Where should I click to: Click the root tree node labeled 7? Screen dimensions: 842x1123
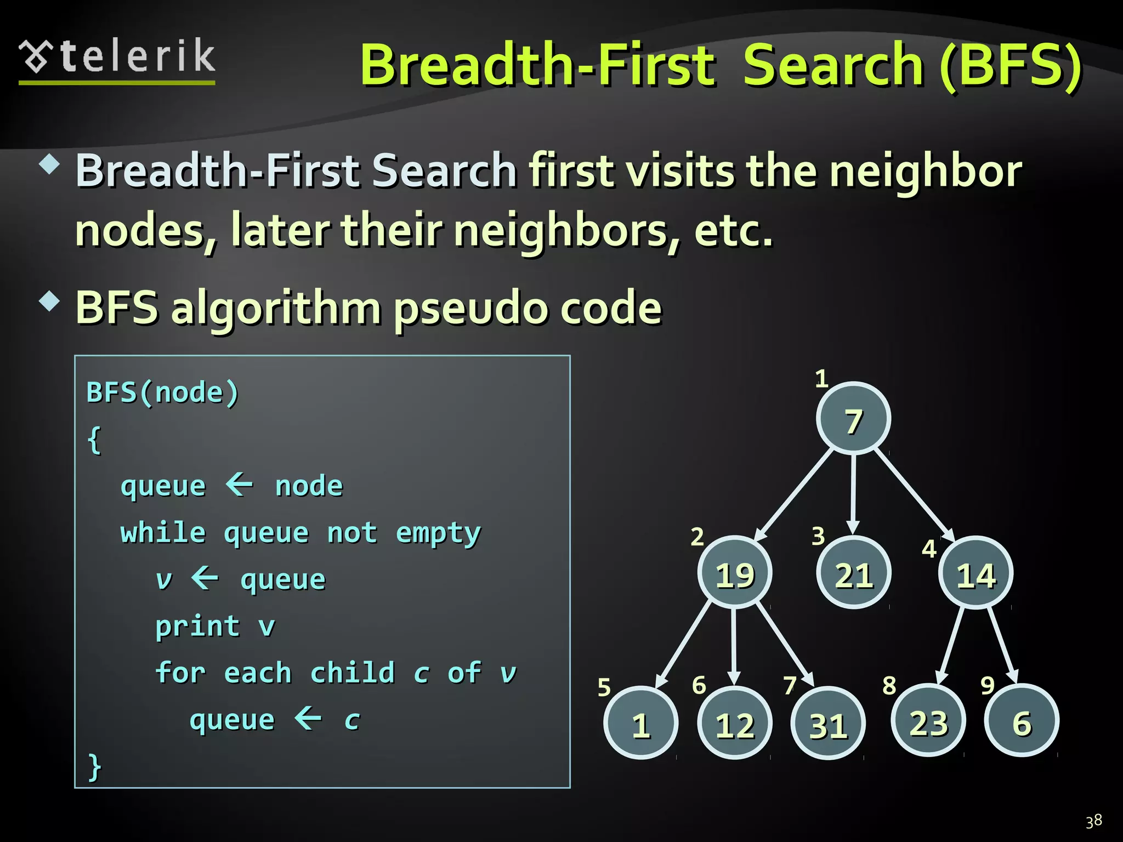[x=853, y=418]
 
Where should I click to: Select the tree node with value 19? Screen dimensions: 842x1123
[x=735, y=573]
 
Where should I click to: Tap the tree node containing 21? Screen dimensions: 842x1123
[x=853, y=573]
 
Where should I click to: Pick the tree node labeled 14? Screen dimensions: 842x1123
[x=975, y=573]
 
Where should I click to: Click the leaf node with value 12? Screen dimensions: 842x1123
[x=735, y=723]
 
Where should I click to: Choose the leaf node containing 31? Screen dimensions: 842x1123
[x=828, y=723]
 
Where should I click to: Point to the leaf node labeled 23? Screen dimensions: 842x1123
[x=928, y=721]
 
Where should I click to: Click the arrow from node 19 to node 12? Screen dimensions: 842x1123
[x=734, y=647]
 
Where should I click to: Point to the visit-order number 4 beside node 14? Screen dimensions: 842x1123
[x=929, y=549]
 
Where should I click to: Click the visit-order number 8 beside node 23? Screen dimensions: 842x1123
[x=889, y=685]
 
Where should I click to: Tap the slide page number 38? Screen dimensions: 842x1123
[x=1093, y=821]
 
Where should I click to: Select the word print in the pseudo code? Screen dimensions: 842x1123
[x=197, y=626]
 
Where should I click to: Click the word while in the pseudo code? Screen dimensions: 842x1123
[x=163, y=533]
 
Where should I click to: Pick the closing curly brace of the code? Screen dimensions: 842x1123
[x=94, y=766]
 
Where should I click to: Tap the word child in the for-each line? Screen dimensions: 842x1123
[x=352, y=673]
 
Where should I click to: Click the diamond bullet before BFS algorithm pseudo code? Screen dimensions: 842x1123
[x=50, y=301]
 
